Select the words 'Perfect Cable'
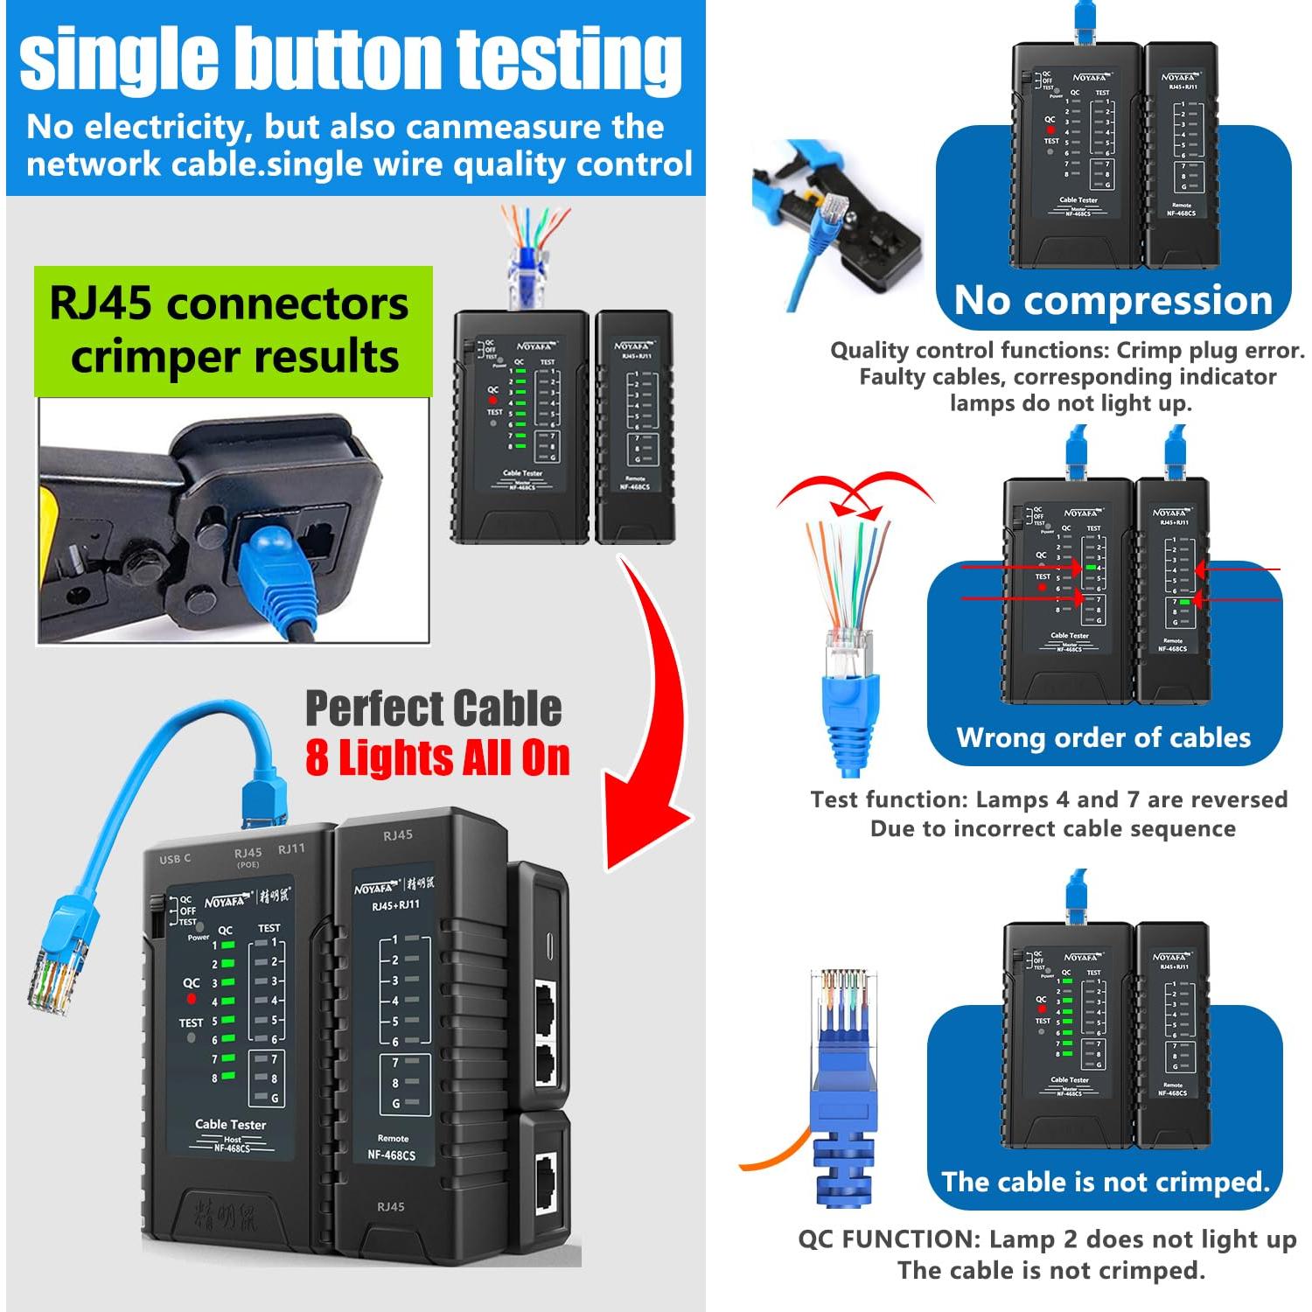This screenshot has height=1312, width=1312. point(433,708)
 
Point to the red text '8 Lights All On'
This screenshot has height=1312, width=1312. point(437,757)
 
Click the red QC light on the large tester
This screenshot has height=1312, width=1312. point(192,999)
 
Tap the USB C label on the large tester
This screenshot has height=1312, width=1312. point(175,859)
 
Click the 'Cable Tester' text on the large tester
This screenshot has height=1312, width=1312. point(230,1124)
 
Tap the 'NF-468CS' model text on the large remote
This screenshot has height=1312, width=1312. point(391,1155)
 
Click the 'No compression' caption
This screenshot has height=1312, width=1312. point(1113,301)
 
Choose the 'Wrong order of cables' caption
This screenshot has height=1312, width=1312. point(1104,737)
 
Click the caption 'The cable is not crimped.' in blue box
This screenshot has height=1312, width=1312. point(1105,1182)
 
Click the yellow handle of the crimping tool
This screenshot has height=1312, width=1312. point(52,525)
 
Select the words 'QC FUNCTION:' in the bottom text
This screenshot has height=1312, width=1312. point(889,1239)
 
